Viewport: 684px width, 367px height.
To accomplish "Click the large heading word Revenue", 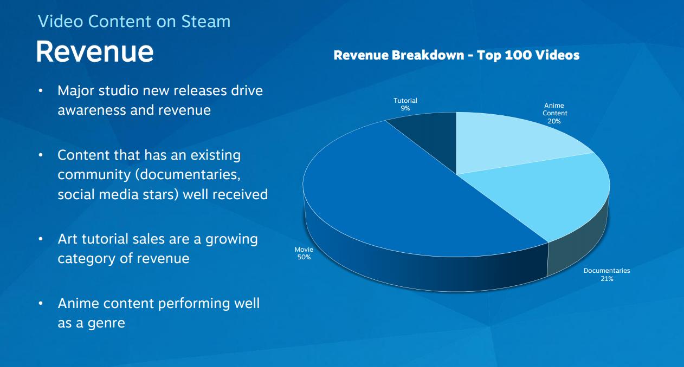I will [95, 52].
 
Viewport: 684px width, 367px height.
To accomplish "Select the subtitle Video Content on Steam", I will [134, 22].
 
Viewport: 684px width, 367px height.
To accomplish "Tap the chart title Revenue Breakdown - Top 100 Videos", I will [456, 55].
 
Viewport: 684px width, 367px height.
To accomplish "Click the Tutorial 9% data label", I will [405, 104].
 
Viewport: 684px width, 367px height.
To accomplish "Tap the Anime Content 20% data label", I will [554, 114].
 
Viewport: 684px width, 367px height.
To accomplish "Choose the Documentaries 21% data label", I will [606, 274].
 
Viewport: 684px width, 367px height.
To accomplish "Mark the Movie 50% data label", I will [304, 253].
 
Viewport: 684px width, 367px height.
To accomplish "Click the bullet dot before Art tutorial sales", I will [41, 239].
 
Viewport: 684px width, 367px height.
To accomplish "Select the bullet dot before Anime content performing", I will [41, 304].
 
